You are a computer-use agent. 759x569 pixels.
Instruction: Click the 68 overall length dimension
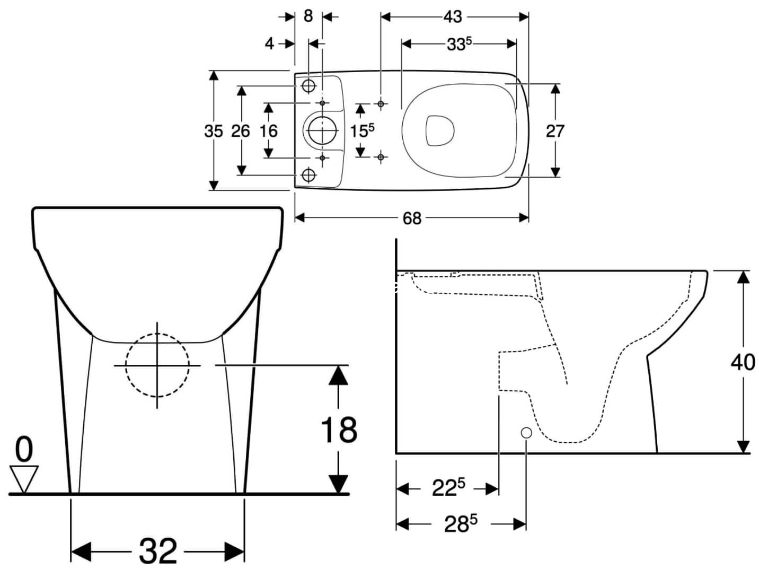click(x=412, y=218)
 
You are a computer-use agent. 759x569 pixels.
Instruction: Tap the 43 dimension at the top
click(x=452, y=16)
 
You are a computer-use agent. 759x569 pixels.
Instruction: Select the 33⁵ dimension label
click(x=459, y=44)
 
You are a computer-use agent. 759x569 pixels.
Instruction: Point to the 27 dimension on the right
click(x=555, y=130)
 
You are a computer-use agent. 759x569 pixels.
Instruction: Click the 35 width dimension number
click(x=214, y=130)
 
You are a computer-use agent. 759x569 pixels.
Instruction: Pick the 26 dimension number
click(x=241, y=130)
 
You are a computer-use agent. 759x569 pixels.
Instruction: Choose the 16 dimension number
click(x=269, y=130)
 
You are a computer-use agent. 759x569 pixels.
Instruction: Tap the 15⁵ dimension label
click(x=363, y=130)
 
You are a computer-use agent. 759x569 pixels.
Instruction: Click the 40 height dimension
click(x=743, y=362)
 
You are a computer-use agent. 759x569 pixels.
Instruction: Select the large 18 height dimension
click(x=339, y=429)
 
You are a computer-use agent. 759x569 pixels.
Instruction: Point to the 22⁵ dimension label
click(x=448, y=488)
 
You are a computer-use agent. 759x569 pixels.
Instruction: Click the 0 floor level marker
click(x=24, y=450)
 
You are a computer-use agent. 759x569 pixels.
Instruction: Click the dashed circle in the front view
click(x=157, y=365)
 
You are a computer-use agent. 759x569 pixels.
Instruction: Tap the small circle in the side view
click(x=526, y=433)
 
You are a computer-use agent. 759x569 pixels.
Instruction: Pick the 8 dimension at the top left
click(x=308, y=16)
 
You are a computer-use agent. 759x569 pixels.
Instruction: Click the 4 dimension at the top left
click(x=270, y=43)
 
